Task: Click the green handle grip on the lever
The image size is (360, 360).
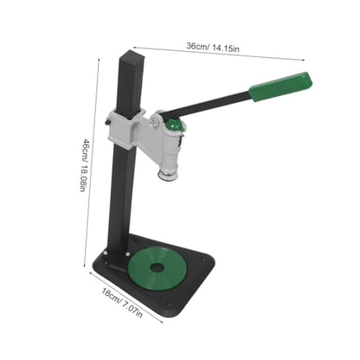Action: click(280, 87)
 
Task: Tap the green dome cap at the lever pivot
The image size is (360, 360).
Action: click(173, 125)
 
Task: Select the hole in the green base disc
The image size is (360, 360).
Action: click(157, 267)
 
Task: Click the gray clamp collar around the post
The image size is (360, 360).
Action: click(125, 128)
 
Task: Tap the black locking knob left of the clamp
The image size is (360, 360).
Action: click(106, 122)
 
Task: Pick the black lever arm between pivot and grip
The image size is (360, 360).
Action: click(206, 104)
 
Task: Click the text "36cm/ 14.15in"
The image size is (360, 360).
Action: click(213, 48)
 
